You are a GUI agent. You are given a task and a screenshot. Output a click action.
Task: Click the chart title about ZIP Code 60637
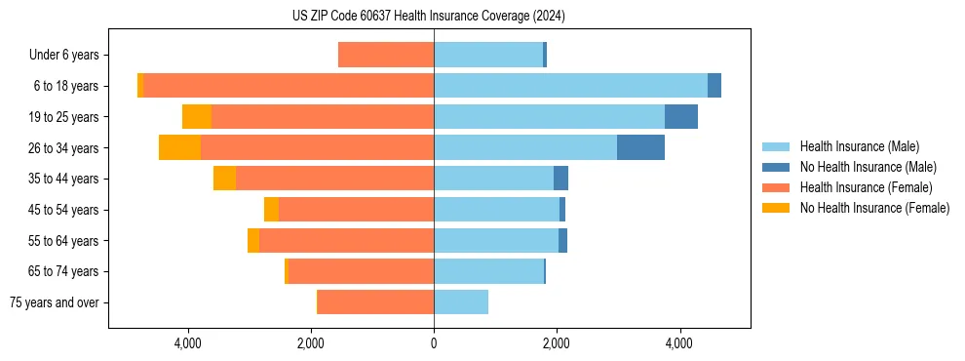pyautogui.click(x=429, y=17)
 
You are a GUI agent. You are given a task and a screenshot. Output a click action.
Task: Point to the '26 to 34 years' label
pyautogui.click(x=66, y=148)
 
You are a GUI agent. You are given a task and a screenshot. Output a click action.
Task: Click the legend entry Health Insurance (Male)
pyautogui.click(x=859, y=146)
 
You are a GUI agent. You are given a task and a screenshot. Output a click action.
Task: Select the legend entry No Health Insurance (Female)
pyautogui.click(x=874, y=208)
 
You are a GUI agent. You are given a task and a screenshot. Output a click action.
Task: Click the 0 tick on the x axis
pyautogui.click(x=434, y=342)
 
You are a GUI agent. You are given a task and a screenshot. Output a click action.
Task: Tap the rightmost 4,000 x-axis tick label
pyautogui.click(x=679, y=342)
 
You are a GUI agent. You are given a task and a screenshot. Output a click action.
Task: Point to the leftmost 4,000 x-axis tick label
pyautogui.click(x=187, y=342)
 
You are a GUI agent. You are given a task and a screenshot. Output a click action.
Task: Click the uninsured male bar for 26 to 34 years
pyautogui.click(x=640, y=147)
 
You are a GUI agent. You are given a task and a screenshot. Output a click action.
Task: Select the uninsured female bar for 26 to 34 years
pyautogui.click(x=179, y=147)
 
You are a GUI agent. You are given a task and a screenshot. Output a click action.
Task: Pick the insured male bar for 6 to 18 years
pyautogui.click(x=570, y=86)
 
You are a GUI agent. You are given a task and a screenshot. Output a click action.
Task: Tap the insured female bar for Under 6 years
pyautogui.click(x=386, y=55)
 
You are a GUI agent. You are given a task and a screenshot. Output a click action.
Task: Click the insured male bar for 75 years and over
pyautogui.click(x=461, y=302)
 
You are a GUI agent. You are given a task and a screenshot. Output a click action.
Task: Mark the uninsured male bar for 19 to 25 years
pyautogui.click(x=681, y=117)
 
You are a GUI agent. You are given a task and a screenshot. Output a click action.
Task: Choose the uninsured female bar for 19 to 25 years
pyautogui.click(x=197, y=117)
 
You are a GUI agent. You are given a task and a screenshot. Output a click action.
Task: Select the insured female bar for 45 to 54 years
pyautogui.click(x=356, y=210)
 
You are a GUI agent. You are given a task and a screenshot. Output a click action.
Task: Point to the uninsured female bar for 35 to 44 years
pyautogui.click(x=224, y=179)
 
